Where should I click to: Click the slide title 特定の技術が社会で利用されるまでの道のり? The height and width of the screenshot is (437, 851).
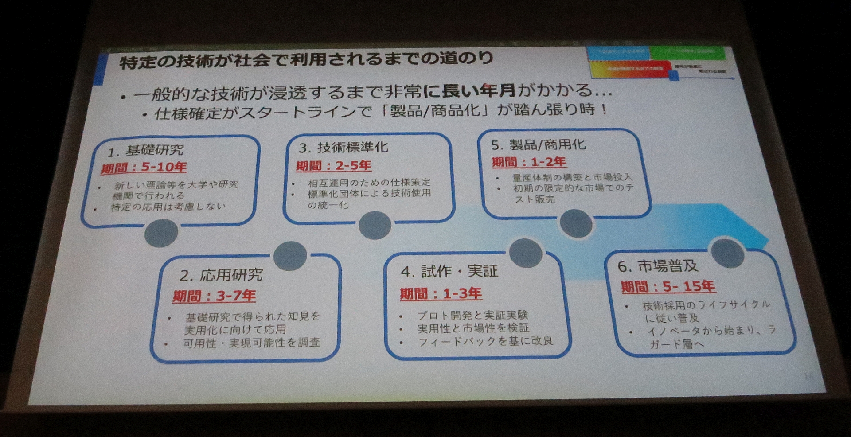(306, 60)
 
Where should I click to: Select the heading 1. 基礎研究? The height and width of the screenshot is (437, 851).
(145, 151)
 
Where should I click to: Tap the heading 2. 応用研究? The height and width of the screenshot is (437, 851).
(221, 275)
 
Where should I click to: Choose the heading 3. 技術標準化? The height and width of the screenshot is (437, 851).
(344, 147)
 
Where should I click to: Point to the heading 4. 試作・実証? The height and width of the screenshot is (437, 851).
(449, 271)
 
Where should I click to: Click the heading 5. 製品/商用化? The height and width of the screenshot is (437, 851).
(538, 145)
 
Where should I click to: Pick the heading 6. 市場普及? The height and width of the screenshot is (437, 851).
(658, 266)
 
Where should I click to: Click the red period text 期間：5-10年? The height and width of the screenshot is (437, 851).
(144, 168)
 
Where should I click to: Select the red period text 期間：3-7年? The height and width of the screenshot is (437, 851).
(214, 296)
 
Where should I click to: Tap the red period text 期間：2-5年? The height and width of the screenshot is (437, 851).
(334, 166)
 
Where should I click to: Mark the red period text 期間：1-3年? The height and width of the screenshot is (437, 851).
(441, 293)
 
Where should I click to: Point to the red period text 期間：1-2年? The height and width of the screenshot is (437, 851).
(529, 162)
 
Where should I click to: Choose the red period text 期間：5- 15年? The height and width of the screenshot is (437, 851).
(668, 287)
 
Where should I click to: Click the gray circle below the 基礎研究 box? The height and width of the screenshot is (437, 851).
(161, 233)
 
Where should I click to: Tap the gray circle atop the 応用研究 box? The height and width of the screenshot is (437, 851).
(290, 256)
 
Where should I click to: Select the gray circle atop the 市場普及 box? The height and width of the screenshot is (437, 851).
(727, 253)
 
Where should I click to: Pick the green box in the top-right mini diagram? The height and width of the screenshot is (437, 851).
(687, 53)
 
